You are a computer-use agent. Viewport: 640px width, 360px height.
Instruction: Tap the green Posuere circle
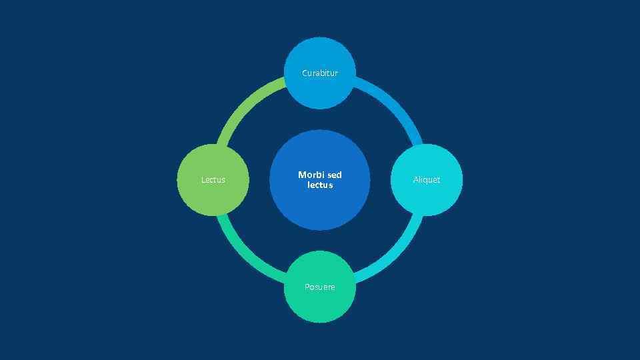click(x=320, y=303)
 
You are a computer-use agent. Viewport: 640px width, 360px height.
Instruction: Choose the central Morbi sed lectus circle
click(x=320, y=207)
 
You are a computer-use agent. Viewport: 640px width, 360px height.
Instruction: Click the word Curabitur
click(x=320, y=73)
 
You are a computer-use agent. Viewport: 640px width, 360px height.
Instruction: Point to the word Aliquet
click(x=427, y=179)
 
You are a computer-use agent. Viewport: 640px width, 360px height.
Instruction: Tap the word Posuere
click(x=320, y=287)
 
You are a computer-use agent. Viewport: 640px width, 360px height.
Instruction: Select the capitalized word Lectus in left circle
click(x=213, y=179)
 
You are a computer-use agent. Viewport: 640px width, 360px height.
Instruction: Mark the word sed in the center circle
click(x=335, y=175)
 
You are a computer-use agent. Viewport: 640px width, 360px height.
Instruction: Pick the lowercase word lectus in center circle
click(x=320, y=185)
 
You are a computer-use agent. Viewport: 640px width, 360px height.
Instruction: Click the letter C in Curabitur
click(x=305, y=73)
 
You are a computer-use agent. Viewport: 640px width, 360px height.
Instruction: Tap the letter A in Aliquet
click(x=415, y=179)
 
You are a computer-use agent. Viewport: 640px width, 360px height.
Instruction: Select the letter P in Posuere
click(x=307, y=287)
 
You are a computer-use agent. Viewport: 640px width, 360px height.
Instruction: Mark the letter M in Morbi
click(x=301, y=175)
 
